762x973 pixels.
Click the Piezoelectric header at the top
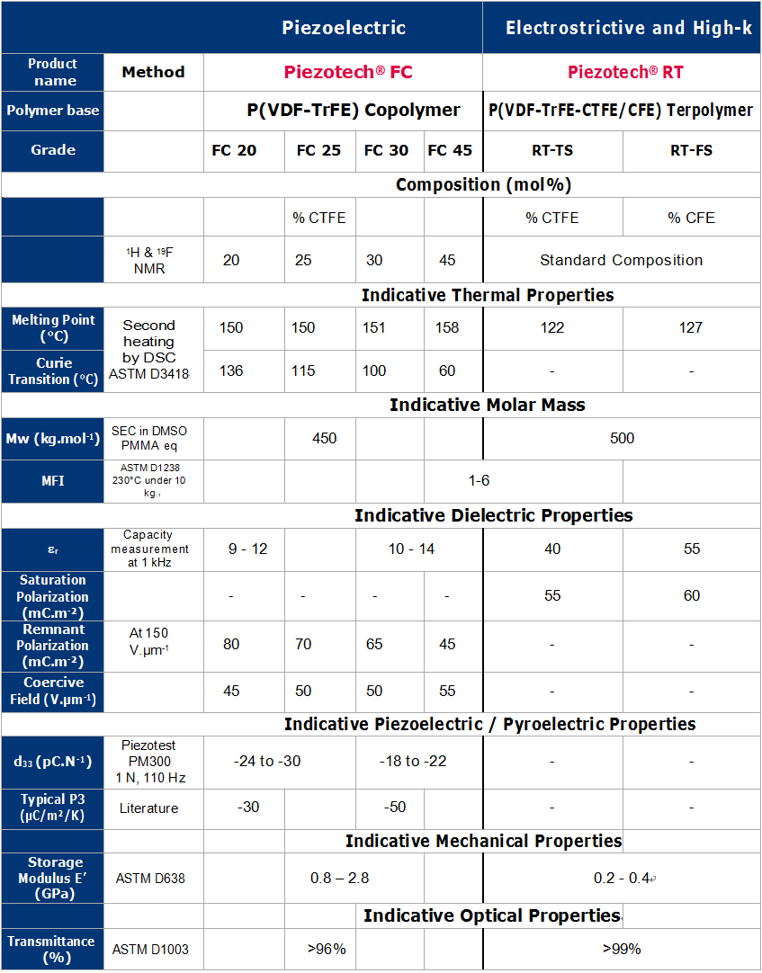coord(344,28)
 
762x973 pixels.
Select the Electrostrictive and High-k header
coord(628,28)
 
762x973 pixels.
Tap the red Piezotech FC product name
coord(348,72)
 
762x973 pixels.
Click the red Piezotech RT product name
coord(625,72)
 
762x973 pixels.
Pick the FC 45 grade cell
coord(450,150)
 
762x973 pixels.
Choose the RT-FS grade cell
coord(691,150)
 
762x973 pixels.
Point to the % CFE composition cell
coord(691,218)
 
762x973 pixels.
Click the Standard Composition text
coord(621,260)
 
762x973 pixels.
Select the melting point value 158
coord(447,327)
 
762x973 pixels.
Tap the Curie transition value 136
coord(231,370)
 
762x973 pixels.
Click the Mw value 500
coord(622,438)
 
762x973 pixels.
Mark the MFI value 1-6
coord(479,480)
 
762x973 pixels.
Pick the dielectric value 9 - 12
coord(247,549)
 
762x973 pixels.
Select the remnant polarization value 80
coord(231,644)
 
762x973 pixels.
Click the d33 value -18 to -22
coord(412,761)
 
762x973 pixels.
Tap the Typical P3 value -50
coord(396,808)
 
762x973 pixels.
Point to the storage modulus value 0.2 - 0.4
coord(622,878)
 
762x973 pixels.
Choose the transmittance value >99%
coord(622,948)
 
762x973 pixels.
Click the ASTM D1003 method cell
coord(150,949)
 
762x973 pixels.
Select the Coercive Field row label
coord(52,691)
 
